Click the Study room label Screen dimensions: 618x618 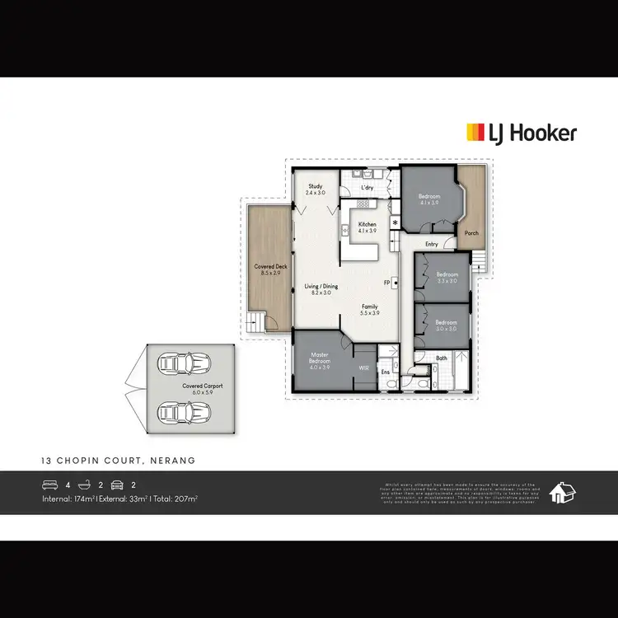pos(316,186)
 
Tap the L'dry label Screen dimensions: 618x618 pos(368,189)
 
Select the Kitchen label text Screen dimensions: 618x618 pos(367,224)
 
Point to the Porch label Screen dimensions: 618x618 pos(471,233)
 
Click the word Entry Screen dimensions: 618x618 pos(432,244)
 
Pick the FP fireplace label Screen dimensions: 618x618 pos(386,283)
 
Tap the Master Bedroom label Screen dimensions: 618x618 pos(318,358)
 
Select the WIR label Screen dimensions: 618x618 pos(362,368)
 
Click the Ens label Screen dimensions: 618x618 pos(385,372)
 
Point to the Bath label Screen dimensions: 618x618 pos(442,358)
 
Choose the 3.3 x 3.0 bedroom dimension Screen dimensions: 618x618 pos(447,281)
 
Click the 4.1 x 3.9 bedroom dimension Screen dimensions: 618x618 pos(429,203)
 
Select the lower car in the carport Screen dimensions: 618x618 pos(183,410)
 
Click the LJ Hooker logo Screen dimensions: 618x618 pos(522,133)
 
